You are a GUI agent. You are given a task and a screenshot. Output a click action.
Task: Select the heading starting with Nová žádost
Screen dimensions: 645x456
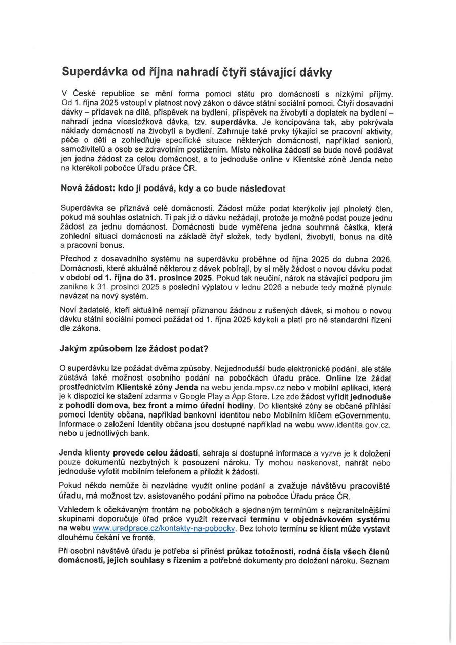coord(173,188)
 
